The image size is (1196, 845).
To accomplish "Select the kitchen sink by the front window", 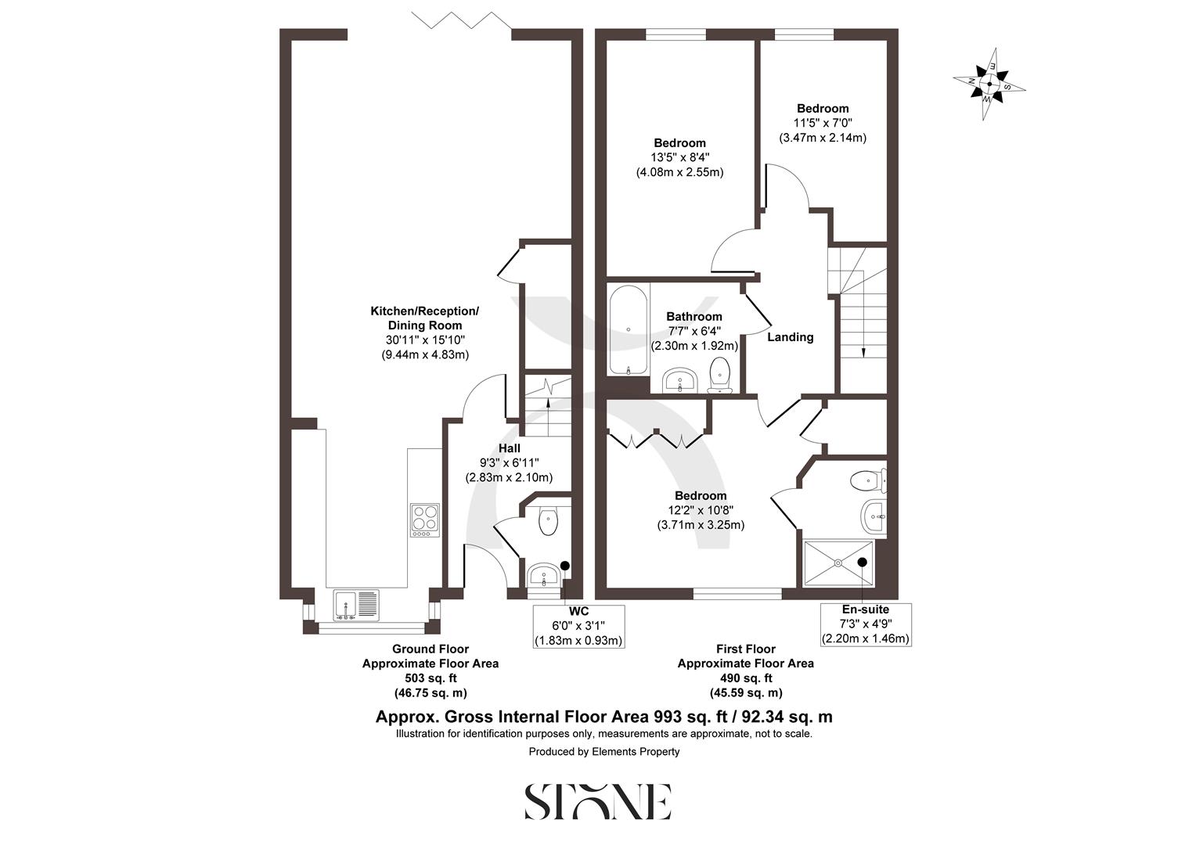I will tap(356, 605).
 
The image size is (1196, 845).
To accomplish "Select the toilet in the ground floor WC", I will tap(549, 520).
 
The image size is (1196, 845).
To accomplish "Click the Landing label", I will tap(790, 337).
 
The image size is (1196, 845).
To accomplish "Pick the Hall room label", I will tap(510, 448).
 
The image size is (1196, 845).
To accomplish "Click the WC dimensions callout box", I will tap(578, 626).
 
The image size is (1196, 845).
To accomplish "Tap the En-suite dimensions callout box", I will tap(865, 624).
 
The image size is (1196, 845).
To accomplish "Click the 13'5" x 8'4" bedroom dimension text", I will tap(679, 157).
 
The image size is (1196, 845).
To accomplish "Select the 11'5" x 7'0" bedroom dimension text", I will tap(823, 123).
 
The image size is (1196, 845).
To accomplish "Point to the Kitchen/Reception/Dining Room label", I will tap(424, 318).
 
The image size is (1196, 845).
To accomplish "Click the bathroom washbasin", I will tap(680, 381).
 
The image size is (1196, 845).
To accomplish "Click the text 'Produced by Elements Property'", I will tap(604, 752).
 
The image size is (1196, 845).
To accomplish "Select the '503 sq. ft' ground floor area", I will tap(430, 678).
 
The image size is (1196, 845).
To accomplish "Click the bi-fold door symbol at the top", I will tap(462, 20).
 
